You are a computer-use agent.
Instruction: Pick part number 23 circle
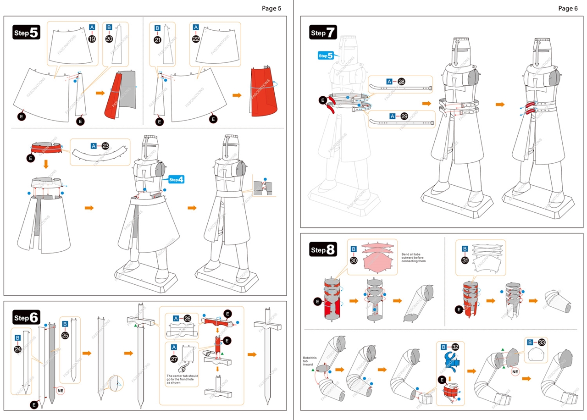(x=105, y=146)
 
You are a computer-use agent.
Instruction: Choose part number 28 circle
(x=401, y=81)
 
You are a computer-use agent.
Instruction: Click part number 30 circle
(x=354, y=260)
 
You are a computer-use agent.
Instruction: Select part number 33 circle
(x=543, y=342)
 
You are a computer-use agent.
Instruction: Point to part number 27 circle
(x=174, y=359)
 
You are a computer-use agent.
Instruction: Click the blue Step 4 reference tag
(x=176, y=180)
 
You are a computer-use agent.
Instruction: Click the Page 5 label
(x=271, y=8)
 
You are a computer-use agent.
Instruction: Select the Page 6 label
(x=568, y=8)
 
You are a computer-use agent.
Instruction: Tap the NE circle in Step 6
(x=60, y=390)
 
